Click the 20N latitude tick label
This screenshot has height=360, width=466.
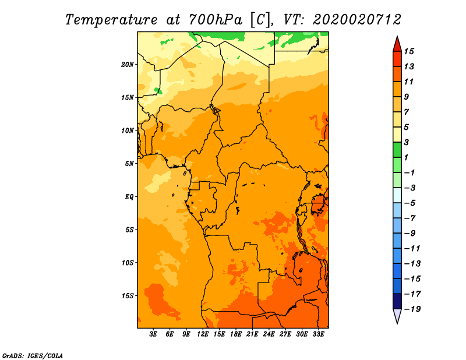point(128,65)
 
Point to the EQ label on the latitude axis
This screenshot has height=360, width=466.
point(129,197)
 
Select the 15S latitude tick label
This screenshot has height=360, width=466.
point(128,296)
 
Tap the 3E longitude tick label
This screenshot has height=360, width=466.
point(153,334)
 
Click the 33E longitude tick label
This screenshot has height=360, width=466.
point(318,334)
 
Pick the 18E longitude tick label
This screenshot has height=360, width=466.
point(236,334)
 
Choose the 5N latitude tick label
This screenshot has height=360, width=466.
point(129,164)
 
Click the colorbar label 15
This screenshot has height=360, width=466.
point(409,51)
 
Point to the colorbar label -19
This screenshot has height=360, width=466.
point(412,309)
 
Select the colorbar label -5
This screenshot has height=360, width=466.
point(410,203)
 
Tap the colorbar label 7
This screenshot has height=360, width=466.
point(407,112)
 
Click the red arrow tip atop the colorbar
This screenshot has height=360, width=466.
point(397,37)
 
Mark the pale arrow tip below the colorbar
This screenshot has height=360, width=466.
point(397,323)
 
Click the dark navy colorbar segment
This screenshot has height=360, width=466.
point(397,301)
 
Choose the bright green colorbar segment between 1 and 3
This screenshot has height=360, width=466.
point(397,150)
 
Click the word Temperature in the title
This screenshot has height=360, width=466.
point(111,20)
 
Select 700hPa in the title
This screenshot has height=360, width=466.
point(215,20)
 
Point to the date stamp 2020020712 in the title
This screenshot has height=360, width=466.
point(357,20)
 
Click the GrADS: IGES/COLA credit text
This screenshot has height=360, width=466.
point(33,356)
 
